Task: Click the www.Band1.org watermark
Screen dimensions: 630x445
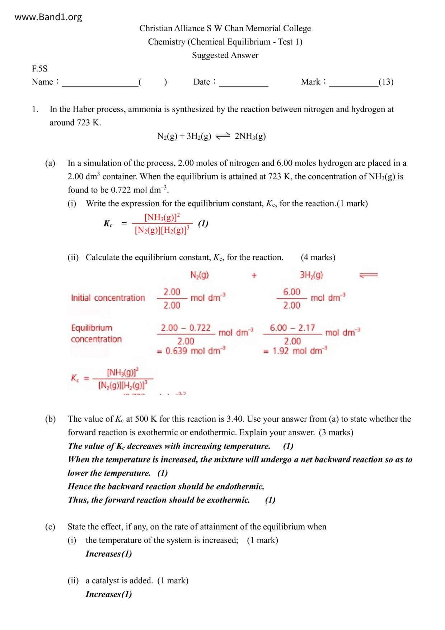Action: click(48, 17)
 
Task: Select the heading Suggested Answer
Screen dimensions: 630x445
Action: click(225, 55)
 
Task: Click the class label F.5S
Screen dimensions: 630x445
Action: click(39, 69)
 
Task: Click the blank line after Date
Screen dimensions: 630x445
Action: click(243, 85)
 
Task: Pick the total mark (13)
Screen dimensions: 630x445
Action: click(386, 82)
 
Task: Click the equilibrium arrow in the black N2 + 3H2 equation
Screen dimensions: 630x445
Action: click(222, 136)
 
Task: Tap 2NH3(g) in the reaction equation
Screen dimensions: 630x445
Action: click(250, 136)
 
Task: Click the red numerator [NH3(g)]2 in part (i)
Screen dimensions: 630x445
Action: click(162, 217)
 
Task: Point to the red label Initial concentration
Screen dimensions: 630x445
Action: click(108, 298)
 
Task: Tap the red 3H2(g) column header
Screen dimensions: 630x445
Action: click(311, 275)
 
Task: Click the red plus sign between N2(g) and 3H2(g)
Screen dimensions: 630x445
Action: click(254, 275)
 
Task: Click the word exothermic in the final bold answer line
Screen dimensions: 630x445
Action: click(228, 500)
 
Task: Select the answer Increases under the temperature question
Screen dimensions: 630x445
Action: click(103, 554)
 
